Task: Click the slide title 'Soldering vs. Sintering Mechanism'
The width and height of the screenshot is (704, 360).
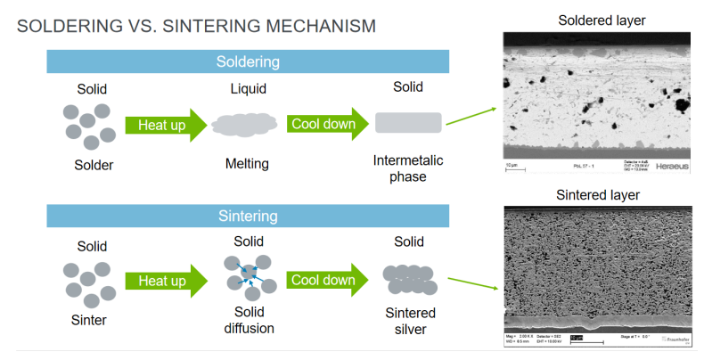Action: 196,26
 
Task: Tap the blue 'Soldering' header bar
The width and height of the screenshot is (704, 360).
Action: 248,61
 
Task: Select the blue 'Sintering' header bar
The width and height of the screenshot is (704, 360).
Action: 248,216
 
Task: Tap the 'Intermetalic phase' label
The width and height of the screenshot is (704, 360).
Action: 408,168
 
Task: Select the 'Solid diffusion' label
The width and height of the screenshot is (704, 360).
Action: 248,321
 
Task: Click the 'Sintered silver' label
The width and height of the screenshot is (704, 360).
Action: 409,321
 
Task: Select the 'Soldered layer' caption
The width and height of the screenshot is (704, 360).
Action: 601,20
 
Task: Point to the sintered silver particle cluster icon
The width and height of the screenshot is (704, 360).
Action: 409,279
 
